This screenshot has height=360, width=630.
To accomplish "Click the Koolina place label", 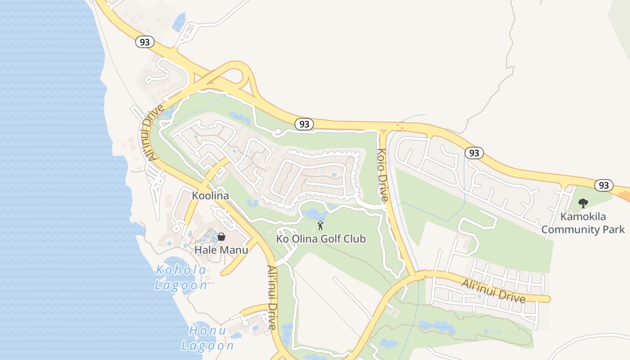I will coord(210,196).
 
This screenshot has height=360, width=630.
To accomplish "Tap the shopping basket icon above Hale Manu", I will coord(221,236).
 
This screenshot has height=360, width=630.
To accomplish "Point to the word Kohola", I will coord(181,270).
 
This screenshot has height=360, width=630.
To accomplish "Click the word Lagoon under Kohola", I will coord(181,285).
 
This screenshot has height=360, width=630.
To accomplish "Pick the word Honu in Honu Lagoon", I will coord(207,331).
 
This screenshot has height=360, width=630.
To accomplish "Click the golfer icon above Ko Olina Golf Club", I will coord(320,225).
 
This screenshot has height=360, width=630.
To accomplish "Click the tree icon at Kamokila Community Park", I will coord(583,203).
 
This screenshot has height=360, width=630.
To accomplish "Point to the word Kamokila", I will coord(583,217).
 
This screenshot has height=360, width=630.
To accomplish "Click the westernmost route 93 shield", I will coord(144,42).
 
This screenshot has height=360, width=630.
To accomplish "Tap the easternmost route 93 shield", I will coord(603,185).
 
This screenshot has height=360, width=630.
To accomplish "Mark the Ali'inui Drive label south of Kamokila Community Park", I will coord(493,291).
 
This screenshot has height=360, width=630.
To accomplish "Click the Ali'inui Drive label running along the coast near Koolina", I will coord(152,132).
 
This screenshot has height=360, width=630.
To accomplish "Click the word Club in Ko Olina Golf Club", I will coord(355,239).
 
